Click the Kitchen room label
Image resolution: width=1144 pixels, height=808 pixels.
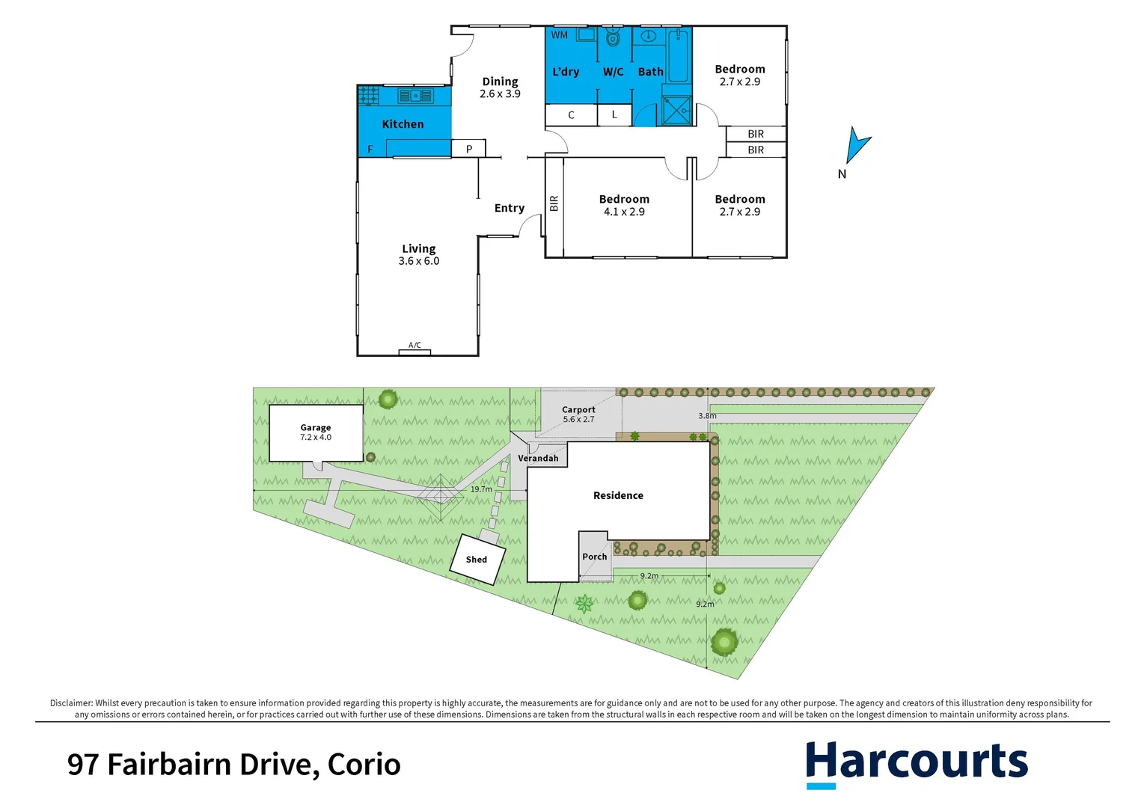pos(403,124)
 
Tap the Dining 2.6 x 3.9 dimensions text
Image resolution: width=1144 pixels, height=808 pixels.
pos(500,94)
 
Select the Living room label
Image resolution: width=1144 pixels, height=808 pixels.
pos(418,248)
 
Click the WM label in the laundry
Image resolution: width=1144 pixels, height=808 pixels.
pos(560,35)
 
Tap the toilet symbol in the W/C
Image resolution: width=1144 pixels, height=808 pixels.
pos(614,37)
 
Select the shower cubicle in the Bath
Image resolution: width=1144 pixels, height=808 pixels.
pos(676,111)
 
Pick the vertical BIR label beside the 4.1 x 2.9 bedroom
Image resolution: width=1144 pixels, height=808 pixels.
pos(554,203)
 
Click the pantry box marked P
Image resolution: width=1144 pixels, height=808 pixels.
pos(469,149)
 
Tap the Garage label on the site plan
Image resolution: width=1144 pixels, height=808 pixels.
pos(316,428)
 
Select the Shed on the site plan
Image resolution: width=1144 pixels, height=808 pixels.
pos(477,559)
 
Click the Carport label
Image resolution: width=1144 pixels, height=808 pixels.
pos(578,410)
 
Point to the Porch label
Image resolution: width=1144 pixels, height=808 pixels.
pos(595,557)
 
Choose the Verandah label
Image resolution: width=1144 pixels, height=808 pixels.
pos(538,458)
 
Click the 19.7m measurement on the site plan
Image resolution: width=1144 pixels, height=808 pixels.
pos(481,489)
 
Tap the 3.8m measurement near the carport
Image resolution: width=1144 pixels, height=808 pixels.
pos(707,416)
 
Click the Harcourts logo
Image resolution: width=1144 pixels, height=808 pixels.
pos(917,763)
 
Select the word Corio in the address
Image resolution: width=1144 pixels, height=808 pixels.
pos(364,765)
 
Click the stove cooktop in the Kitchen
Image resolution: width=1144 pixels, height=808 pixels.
pos(368,95)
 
